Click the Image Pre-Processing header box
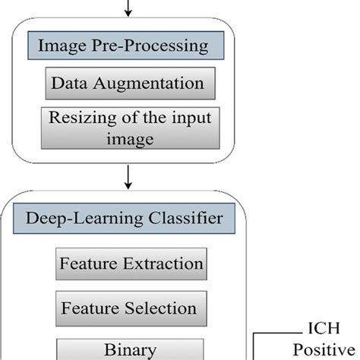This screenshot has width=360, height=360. pos(127,46)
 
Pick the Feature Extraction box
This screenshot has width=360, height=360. pos(131,264)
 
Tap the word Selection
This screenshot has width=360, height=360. pos(163,308)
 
